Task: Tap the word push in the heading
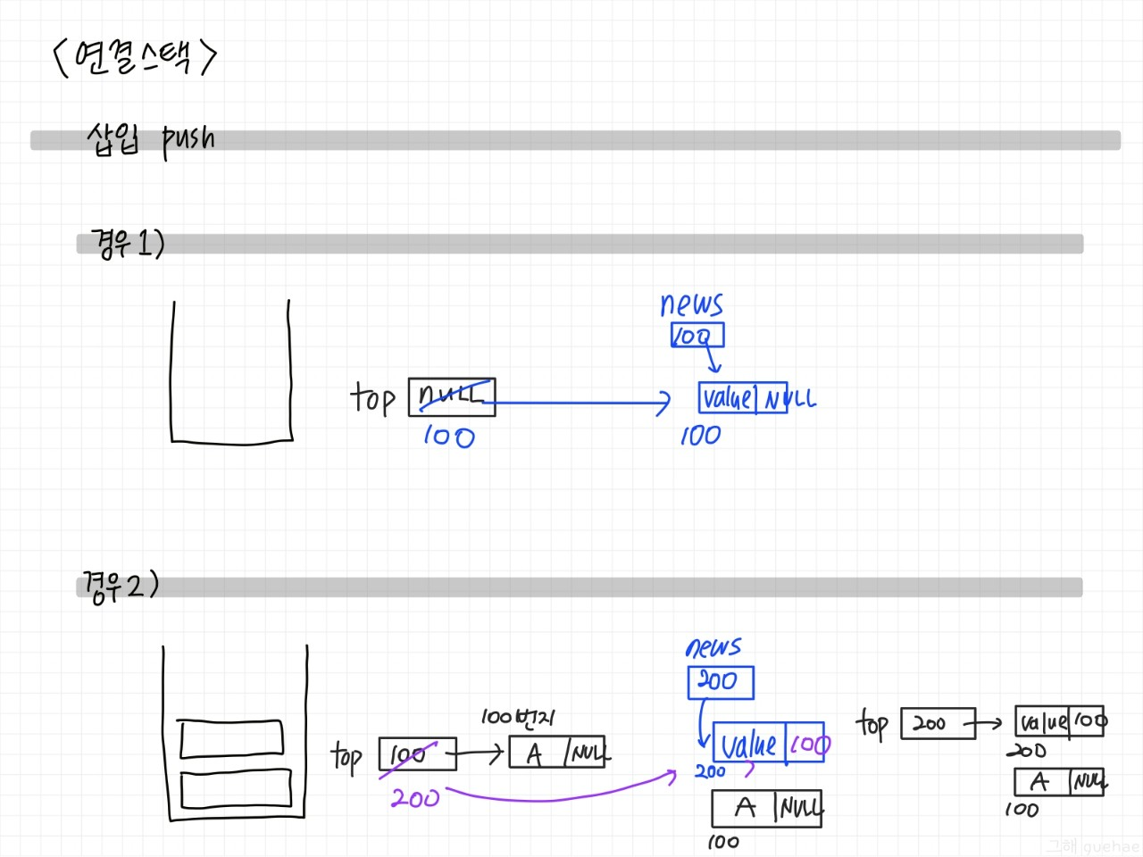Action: [x=188, y=141]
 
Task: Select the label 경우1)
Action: [x=128, y=243]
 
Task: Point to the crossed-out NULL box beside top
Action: [x=452, y=396]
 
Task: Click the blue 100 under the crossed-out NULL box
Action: [x=448, y=437]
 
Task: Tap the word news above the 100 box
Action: [x=691, y=305]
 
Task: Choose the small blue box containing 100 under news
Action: [x=697, y=336]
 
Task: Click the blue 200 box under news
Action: [x=720, y=682]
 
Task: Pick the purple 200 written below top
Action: [x=415, y=797]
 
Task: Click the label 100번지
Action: [x=518, y=717]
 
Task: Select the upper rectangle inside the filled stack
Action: [x=231, y=737]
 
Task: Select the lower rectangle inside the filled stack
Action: [x=236, y=789]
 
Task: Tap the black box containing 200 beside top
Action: [x=931, y=724]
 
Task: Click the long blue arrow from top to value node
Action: [x=580, y=404]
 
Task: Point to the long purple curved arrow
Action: [x=563, y=795]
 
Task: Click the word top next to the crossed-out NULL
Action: [x=372, y=398]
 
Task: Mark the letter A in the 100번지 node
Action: [x=534, y=754]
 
